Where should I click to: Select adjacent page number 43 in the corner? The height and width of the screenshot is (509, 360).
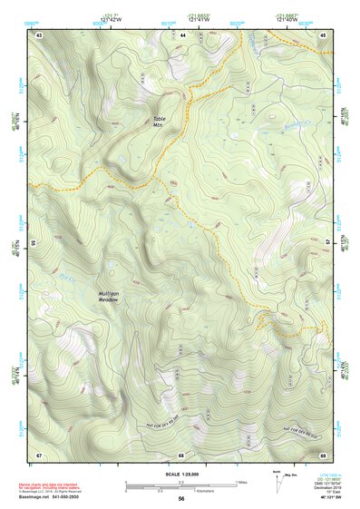(x=39, y=34)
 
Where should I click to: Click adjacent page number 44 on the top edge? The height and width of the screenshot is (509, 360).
(x=182, y=34)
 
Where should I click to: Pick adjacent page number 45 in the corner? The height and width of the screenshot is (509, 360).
(x=324, y=34)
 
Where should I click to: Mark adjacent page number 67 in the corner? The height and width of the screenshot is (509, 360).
(x=39, y=454)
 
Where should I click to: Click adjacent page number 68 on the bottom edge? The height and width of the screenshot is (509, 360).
(x=181, y=454)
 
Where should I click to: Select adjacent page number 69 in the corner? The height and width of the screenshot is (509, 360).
(x=324, y=454)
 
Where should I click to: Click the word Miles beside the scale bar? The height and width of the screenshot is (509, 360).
(x=240, y=482)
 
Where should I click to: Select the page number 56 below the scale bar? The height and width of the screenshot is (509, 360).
(x=181, y=500)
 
